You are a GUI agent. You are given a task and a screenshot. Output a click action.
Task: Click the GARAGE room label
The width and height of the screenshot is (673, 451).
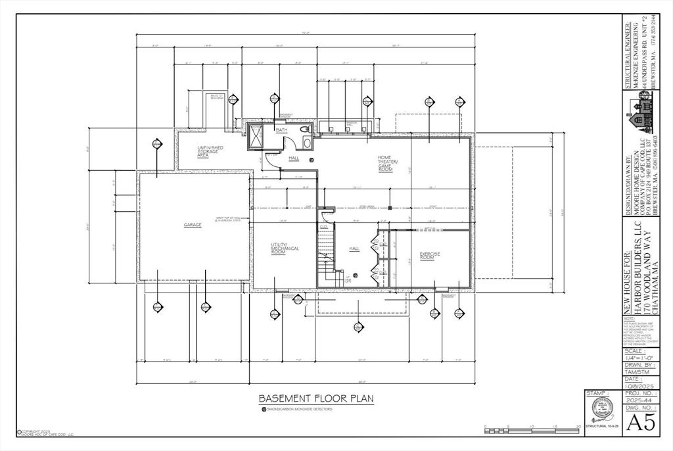click(193, 225)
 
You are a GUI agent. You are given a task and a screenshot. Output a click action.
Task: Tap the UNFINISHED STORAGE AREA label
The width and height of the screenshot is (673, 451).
click(210, 151)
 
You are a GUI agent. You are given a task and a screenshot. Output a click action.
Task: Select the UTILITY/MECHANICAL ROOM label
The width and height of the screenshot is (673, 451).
click(285, 248)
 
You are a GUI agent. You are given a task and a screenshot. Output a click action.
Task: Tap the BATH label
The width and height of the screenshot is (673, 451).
click(281, 130)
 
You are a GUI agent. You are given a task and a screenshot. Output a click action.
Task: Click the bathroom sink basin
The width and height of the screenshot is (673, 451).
click(304, 130)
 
